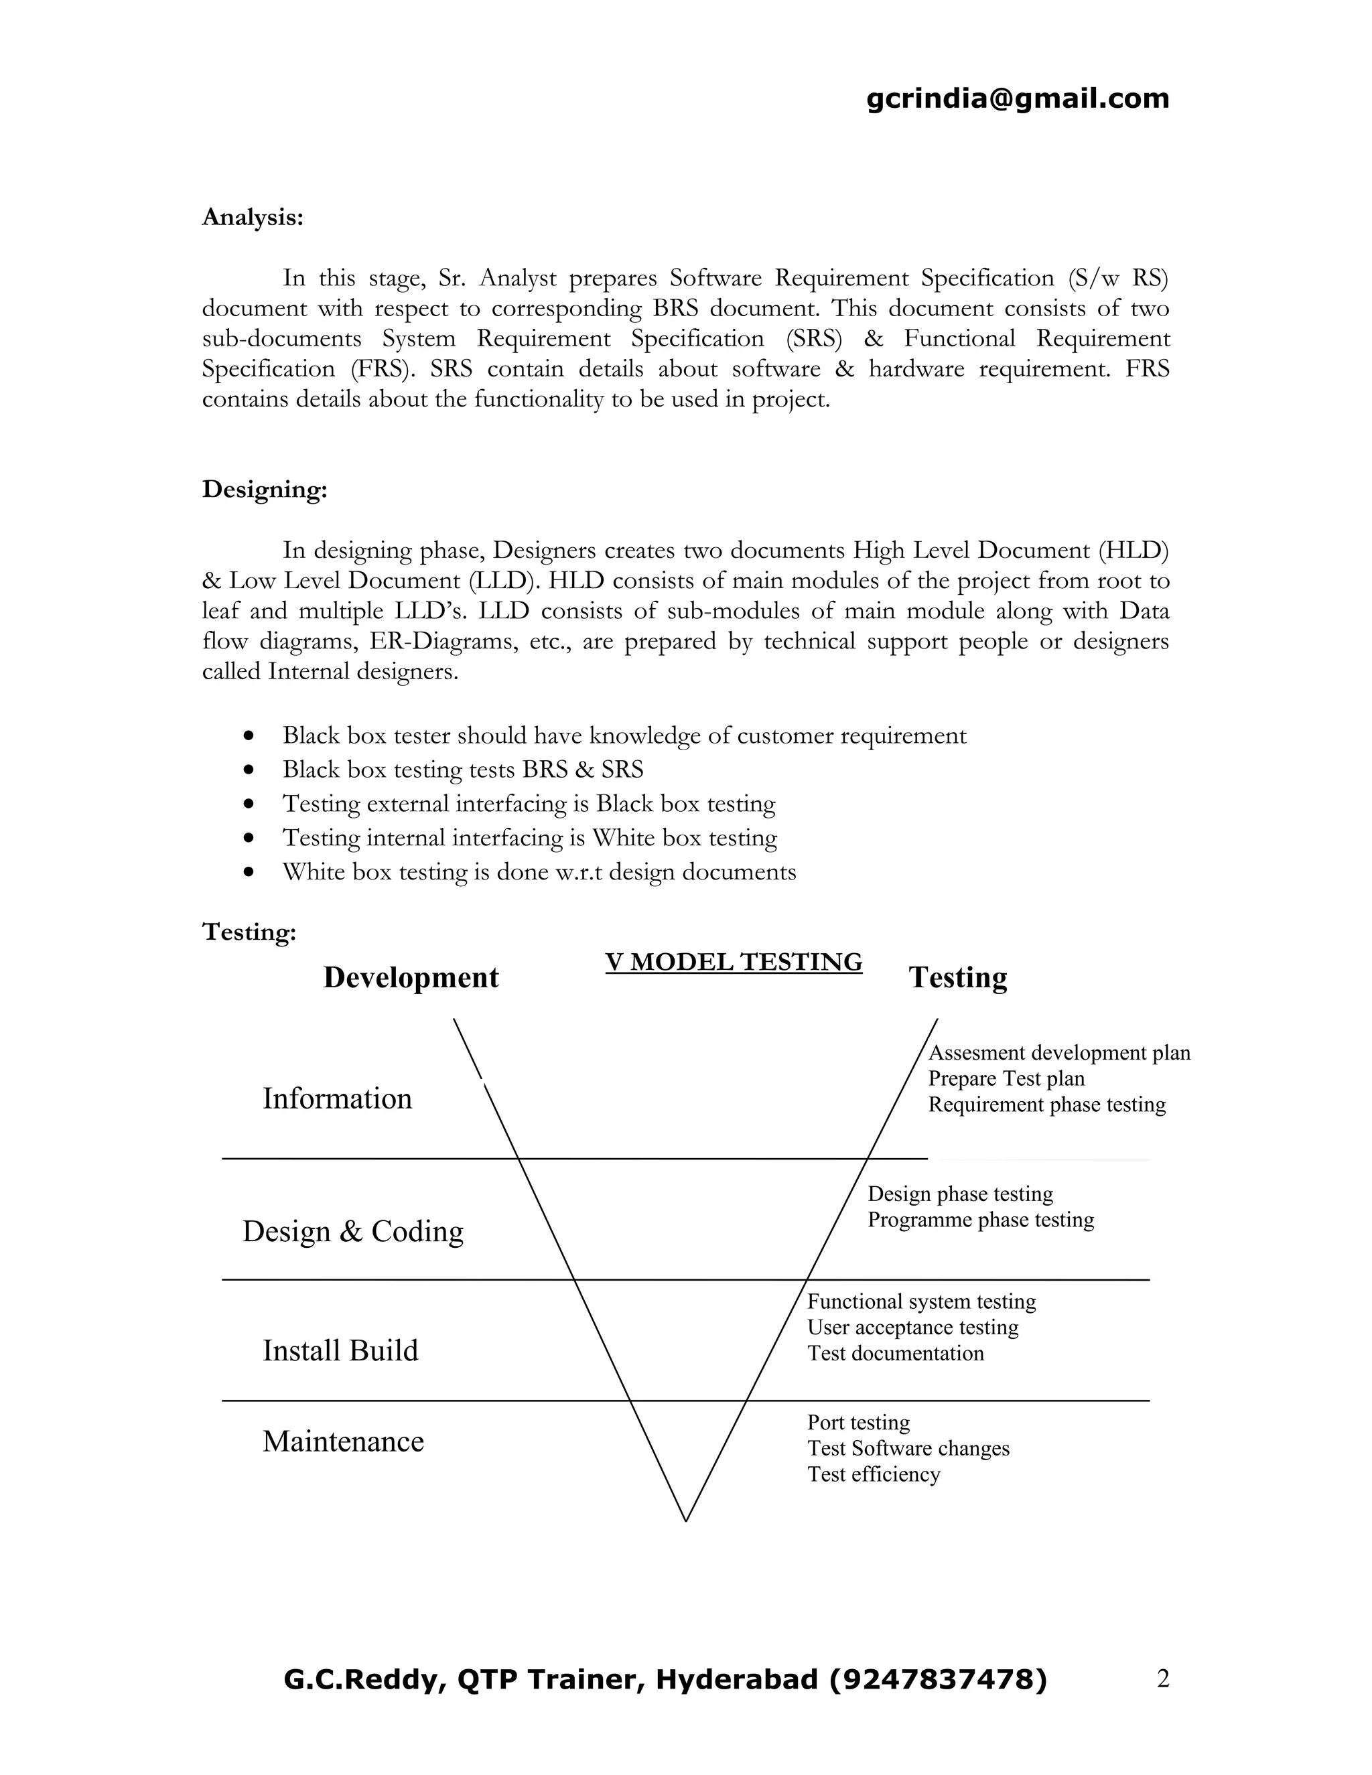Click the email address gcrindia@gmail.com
(1018, 99)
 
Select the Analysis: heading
(253, 218)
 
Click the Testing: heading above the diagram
(249, 932)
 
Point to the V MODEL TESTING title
(733, 963)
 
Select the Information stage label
(336, 1098)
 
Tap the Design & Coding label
(353, 1231)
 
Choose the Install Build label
(340, 1351)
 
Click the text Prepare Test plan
(1006, 1078)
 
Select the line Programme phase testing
(980, 1220)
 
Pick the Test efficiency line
(873, 1474)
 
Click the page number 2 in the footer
(1162, 1679)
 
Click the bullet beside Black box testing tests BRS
(249, 770)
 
